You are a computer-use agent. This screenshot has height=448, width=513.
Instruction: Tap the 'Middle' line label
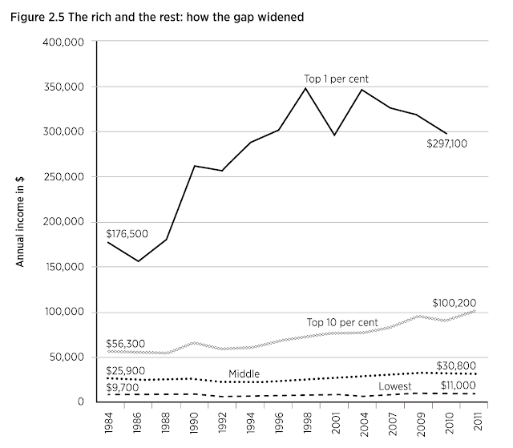coord(244,373)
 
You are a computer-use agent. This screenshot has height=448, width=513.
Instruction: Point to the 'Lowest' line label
coord(396,385)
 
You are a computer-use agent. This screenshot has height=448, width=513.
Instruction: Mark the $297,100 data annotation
coord(452,145)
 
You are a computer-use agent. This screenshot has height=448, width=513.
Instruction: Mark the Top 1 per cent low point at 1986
coord(138,261)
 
